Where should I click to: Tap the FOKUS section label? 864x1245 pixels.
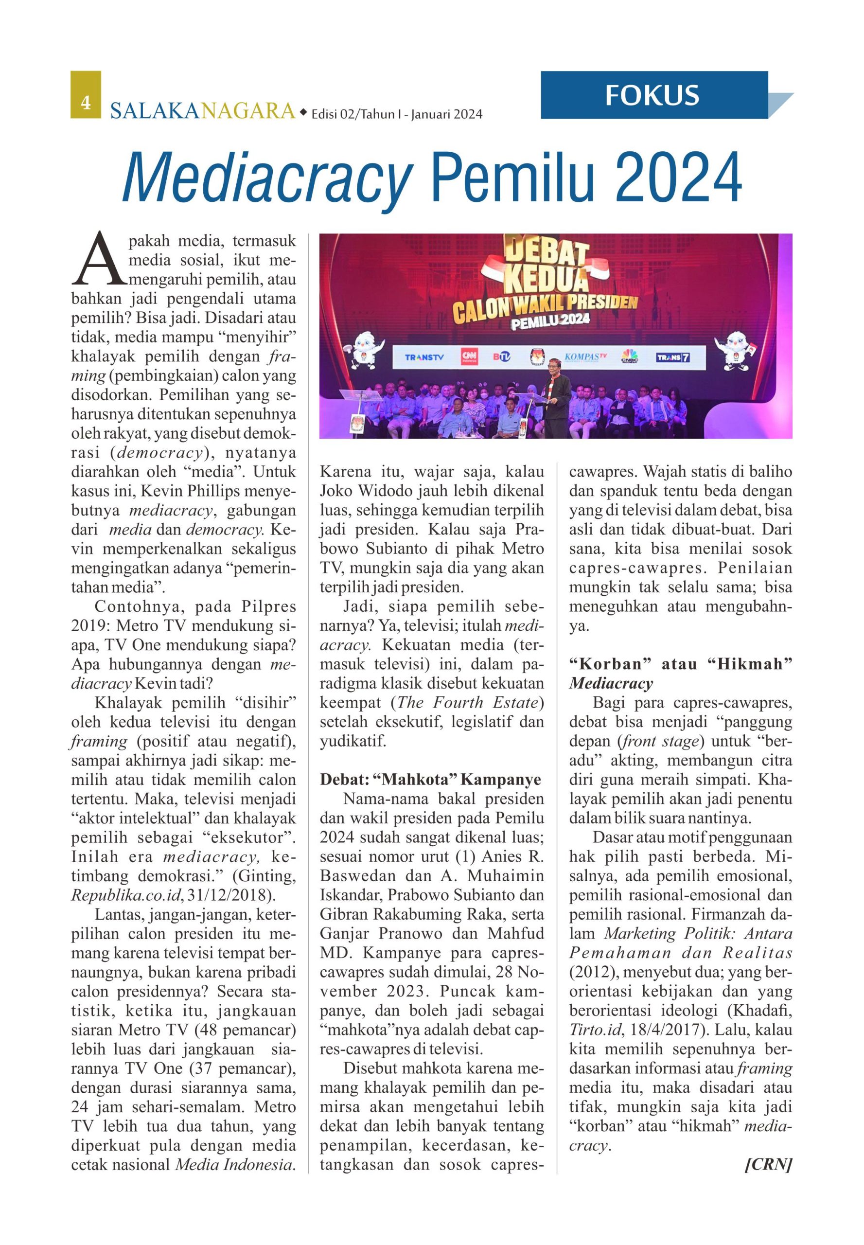(x=652, y=95)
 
